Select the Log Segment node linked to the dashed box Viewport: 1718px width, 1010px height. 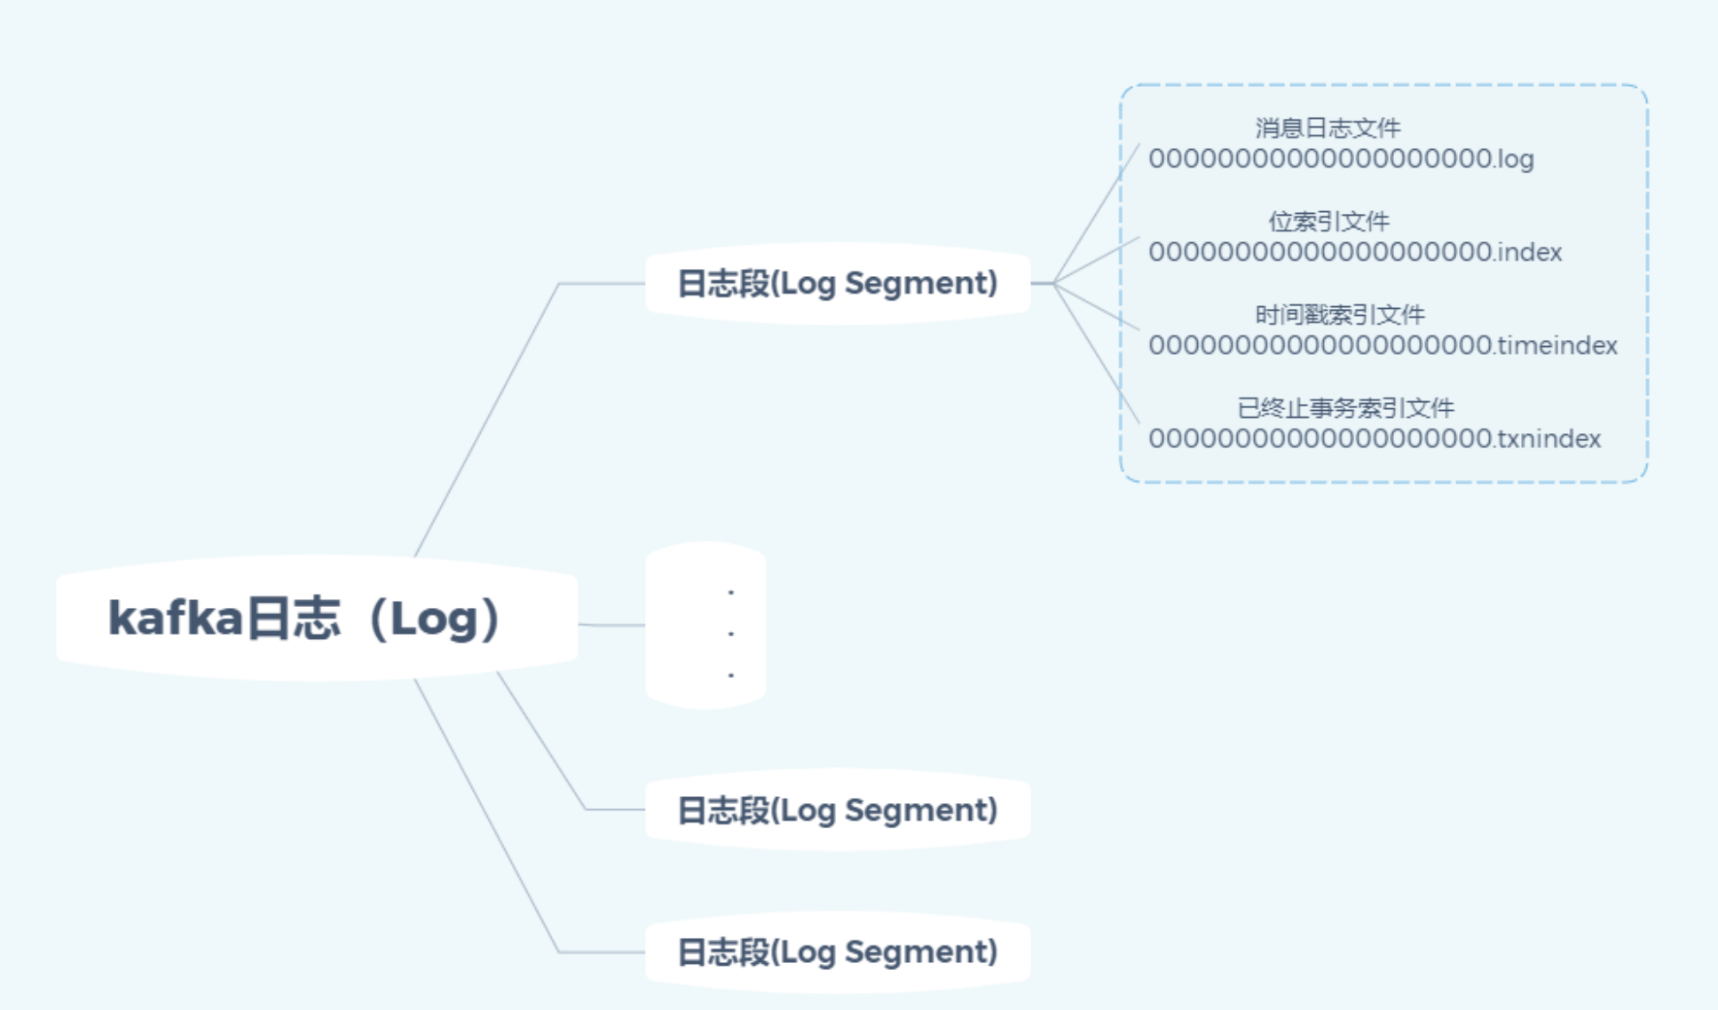837,283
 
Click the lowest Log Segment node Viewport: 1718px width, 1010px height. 837,952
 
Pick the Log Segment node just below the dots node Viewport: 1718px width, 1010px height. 837,810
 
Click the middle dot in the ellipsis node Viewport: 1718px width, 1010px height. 731,634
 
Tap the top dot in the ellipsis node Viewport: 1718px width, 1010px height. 731,592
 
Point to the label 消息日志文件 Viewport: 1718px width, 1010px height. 1328,129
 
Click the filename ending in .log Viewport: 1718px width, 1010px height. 1341,160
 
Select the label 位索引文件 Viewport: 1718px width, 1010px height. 1328,222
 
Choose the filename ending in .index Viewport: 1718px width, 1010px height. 1355,253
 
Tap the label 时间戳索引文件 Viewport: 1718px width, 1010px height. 1339,315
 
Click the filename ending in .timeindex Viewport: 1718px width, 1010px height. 1383,346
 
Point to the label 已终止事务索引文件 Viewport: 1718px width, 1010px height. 1345,408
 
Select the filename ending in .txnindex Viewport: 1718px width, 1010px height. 1375,439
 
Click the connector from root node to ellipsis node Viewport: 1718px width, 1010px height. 612,625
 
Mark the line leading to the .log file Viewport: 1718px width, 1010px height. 1097,213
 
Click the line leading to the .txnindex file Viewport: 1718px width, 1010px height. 1097,353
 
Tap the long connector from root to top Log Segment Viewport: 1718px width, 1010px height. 486,420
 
